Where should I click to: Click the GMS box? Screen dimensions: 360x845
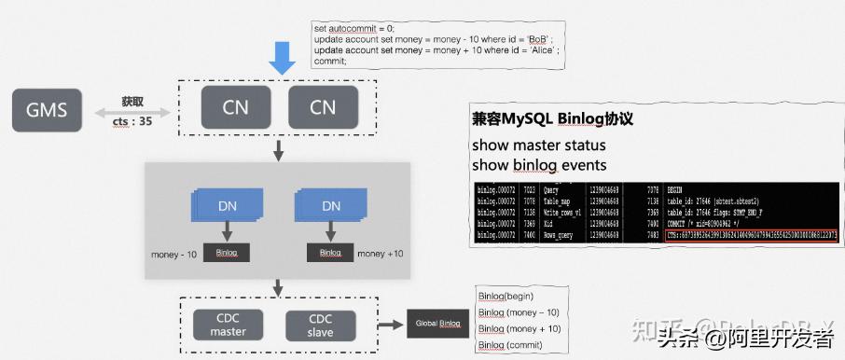point(47,109)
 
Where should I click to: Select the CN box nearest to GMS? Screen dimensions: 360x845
point(235,106)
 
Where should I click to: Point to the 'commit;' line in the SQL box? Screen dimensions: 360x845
point(330,60)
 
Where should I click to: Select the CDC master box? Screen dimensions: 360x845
point(228,324)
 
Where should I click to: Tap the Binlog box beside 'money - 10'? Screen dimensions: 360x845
point(227,253)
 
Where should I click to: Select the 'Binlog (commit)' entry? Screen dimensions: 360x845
point(512,345)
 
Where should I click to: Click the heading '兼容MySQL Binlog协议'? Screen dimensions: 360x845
point(553,119)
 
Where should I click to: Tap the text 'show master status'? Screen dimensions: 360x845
point(538,145)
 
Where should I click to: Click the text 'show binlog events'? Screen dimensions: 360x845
point(539,165)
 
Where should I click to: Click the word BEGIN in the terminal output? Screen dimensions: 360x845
point(682,188)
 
